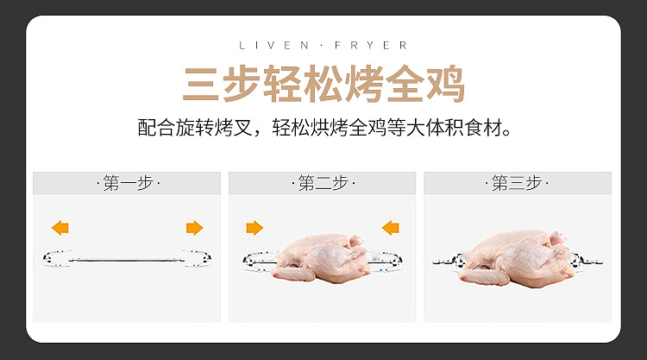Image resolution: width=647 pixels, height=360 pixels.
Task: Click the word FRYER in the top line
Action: click(371, 45)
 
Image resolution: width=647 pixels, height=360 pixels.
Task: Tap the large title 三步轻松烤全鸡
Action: click(323, 84)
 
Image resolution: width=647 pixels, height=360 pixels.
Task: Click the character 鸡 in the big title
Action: click(445, 84)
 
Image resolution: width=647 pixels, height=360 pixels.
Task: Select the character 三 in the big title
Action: click(201, 85)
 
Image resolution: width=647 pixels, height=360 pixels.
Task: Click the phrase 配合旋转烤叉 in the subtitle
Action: click(194, 128)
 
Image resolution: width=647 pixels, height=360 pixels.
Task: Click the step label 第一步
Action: click(129, 183)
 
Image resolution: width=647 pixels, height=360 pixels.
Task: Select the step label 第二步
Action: click(323, 183)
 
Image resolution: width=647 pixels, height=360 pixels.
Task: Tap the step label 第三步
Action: click(517, 183)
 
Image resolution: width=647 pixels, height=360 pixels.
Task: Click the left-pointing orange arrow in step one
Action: click(60, 227)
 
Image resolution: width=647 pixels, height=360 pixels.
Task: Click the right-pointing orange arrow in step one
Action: click(194, 227)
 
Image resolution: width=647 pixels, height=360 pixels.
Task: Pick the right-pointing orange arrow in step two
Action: click(254, 227)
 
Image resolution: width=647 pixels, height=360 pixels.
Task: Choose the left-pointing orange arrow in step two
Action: click(390, 227)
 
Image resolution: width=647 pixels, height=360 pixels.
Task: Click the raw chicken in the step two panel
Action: click(322, 258)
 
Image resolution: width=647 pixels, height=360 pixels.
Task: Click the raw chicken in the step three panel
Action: click(516, 259)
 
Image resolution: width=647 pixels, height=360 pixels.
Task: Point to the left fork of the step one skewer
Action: click(57, 258)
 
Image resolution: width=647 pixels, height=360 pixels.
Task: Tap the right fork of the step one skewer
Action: click(198, 258)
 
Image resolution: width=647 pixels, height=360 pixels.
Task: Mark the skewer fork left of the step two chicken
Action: click(258, 262)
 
